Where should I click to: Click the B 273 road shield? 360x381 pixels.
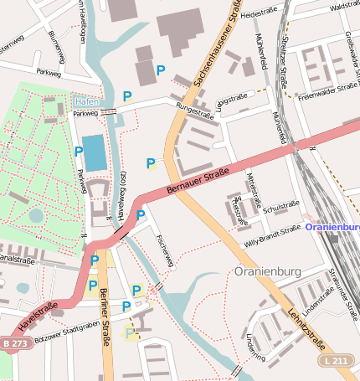point(14,343)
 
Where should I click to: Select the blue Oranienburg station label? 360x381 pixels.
point(332,226)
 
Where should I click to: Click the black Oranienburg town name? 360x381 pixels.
point(267,272)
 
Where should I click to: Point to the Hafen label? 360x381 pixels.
point(86,100)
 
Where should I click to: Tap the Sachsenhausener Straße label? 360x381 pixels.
point(213,47)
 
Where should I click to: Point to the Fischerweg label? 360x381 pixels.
point(164,250)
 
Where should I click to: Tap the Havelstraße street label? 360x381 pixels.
point(38,318)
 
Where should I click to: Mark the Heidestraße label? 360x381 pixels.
point(258,14)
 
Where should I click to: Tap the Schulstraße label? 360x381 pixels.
point(281,205)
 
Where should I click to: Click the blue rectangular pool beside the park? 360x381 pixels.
point(95,152)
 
